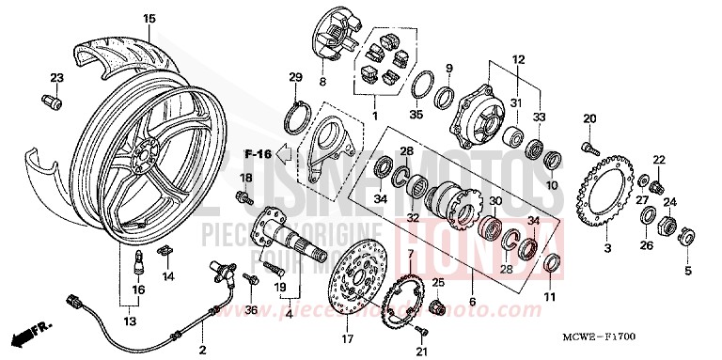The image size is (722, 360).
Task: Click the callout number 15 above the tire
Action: click(x=149, y=18)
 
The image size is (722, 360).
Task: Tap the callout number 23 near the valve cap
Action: click(x=55, y=77)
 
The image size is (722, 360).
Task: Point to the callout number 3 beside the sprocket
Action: click(x=606, y=248)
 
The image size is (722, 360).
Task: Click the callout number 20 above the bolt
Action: click(x=589, y=117)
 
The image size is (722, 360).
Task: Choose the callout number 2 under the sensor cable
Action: click(x=201, y=350)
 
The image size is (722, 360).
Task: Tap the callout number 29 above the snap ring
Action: click(x=296, y=76)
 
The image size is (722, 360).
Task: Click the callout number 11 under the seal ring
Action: click(x=550, y=298)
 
